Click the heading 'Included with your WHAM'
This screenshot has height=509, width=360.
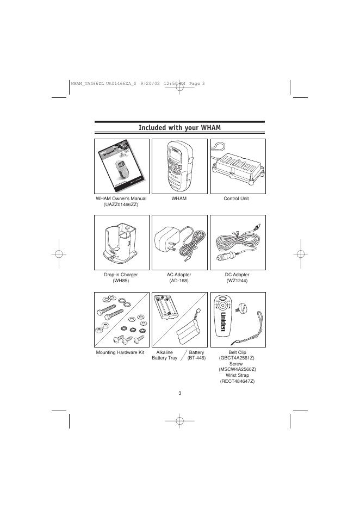pyautogui.click(x=180, y=127)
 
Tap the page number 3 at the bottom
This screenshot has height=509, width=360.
pyautogui.click(x=180, y=393)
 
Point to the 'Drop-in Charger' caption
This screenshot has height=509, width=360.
pyautogui.click(x=121, y=275)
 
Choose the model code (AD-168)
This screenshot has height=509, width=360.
pyautogui.click(x=179, y=281)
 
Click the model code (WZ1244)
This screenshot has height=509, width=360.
pyautogui.click(x=237, y=281)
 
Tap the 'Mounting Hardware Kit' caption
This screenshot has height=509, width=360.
pyautogui.click(x=121, y=352)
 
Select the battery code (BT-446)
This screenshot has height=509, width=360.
pyautogui.click(x=196, y=359)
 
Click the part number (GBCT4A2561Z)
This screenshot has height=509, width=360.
pyautogui.click(x=237, y=359)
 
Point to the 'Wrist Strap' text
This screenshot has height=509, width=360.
pyautogui.click(x=237, y=376)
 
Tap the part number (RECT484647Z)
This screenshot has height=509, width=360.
pyautogui.click(x=237, y=382)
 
